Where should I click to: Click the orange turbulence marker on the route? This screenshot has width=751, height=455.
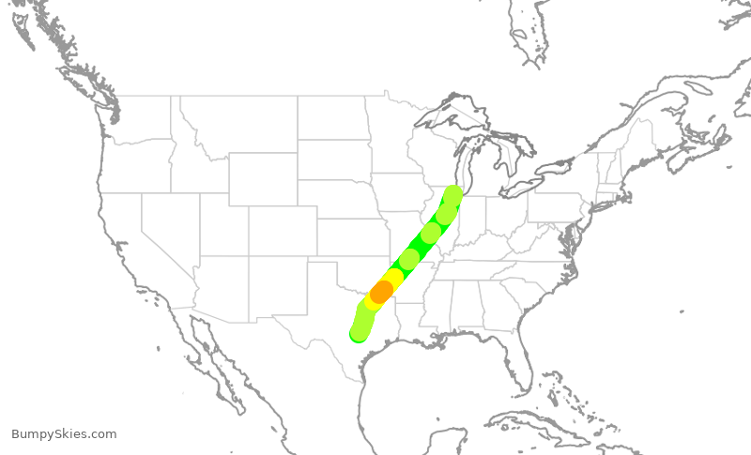click(x=381, y=291)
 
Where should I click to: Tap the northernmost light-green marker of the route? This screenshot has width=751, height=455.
click(x=452, y=195)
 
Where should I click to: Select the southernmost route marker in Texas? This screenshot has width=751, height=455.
click(x=359, y=333)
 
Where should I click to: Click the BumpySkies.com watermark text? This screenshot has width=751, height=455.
click(x=64, y=433)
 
